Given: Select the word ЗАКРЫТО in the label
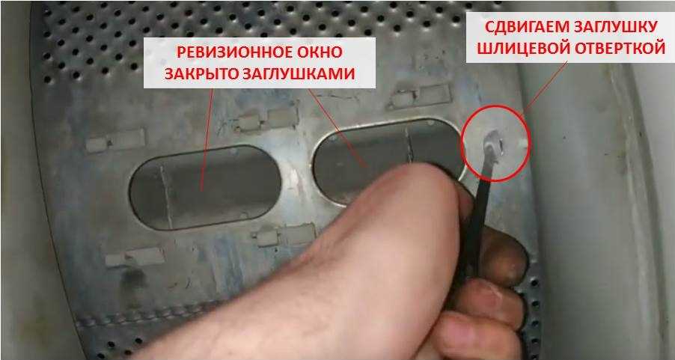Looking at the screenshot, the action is coord(199,74).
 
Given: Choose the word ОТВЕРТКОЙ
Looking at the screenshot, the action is coord(621,49).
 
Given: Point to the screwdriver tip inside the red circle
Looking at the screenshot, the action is coord(493,141).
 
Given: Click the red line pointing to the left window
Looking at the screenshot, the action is coord(207,138).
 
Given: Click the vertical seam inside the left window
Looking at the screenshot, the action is coord(166,196).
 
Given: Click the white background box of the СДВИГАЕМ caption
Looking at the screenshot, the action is coord(570,37).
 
